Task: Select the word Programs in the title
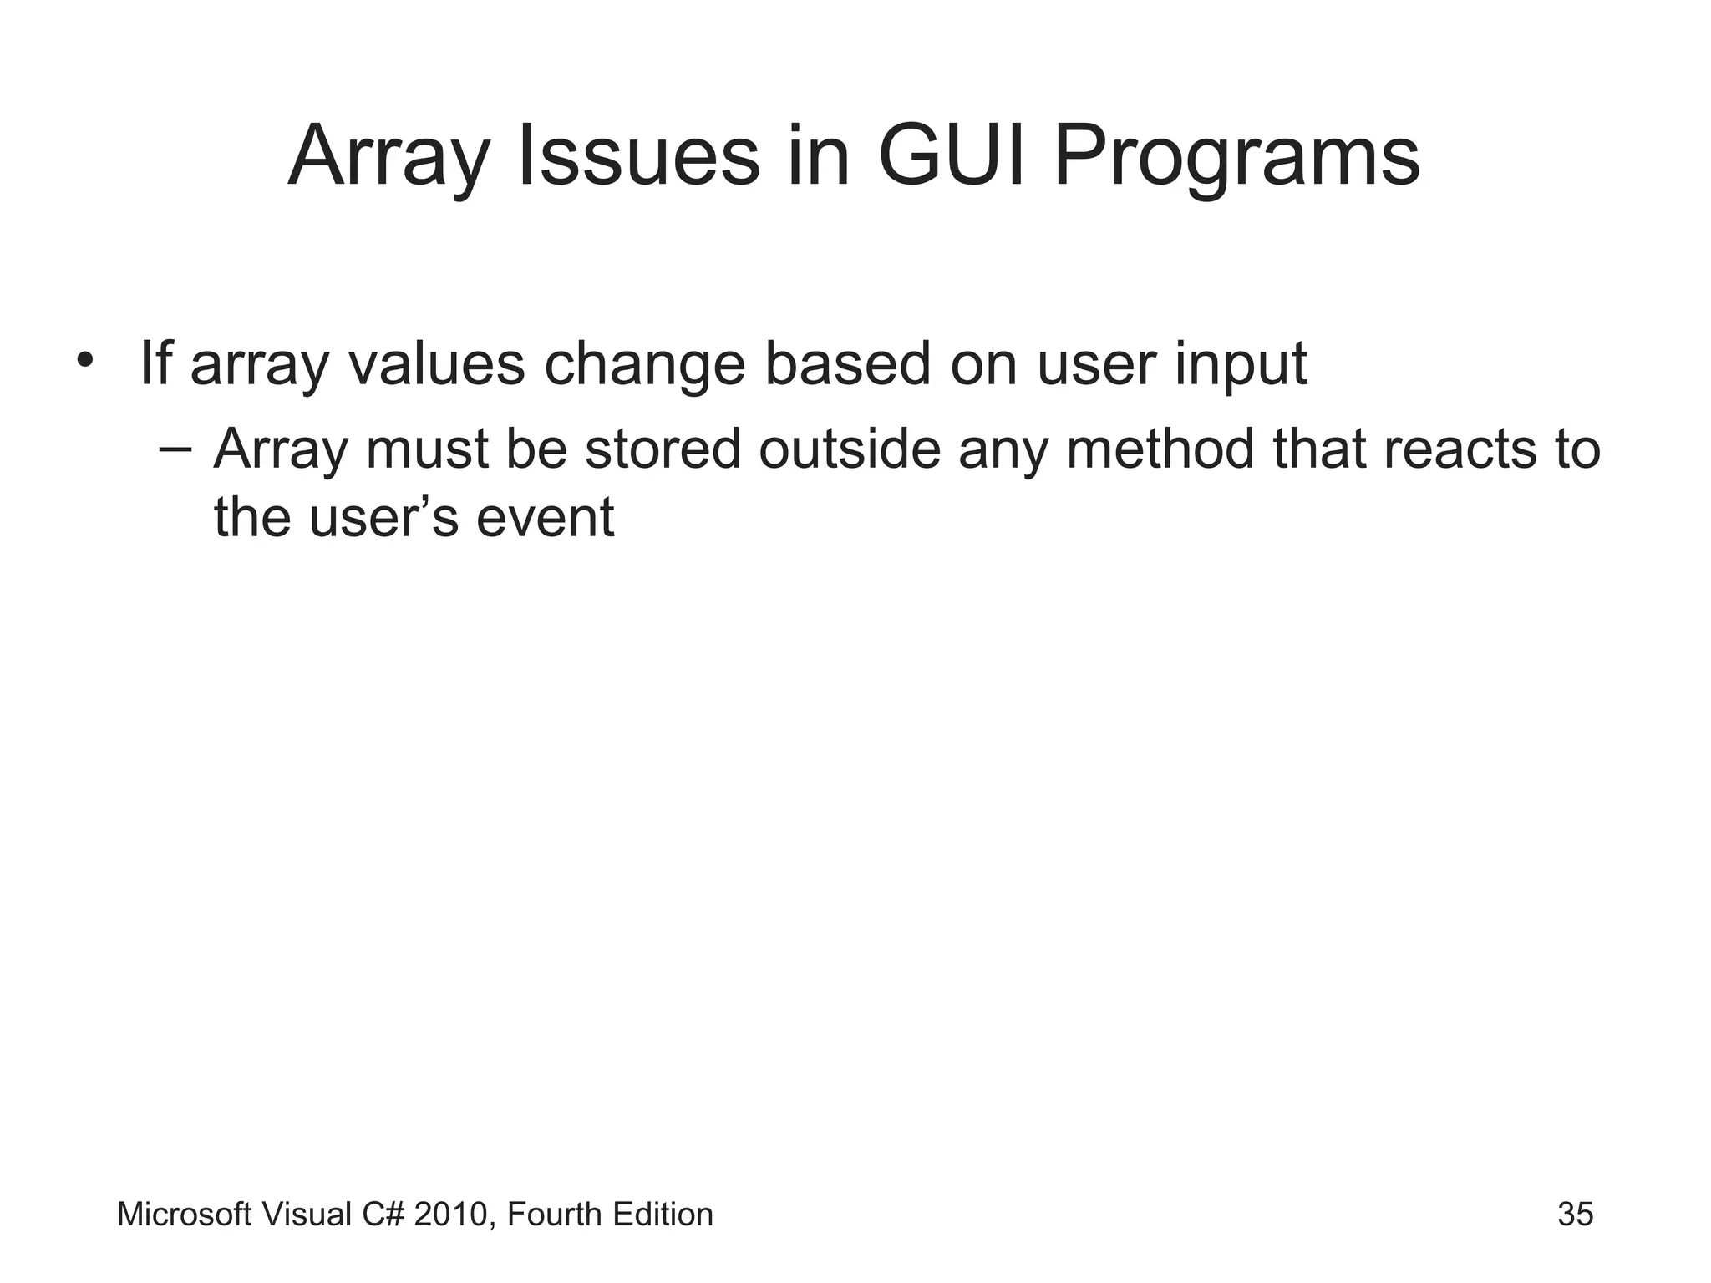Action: [x=1236, y=159]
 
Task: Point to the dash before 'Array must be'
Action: [x=174, y=449]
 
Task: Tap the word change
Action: [x=644, y=365]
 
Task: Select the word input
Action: [x=1240, y=365]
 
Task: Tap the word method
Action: [x=1160, y=449]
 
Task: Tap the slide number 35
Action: [x=1575, y=1215]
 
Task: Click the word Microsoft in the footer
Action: [x=184, y=1215]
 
